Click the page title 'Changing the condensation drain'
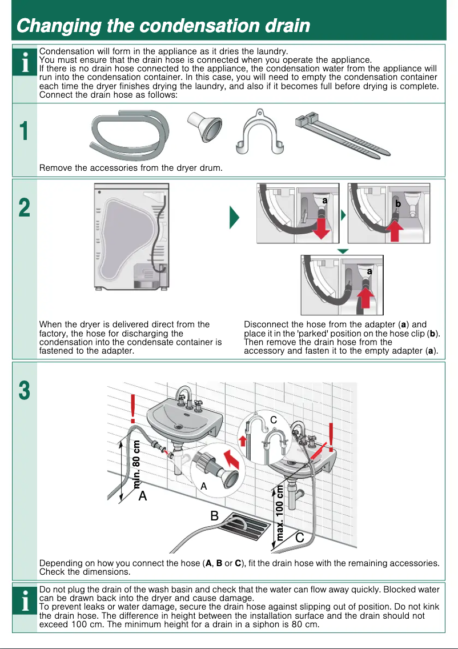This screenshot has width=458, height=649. coord(163,26)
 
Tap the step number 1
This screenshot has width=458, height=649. coord(23,132)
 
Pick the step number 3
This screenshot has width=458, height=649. coord(23,391)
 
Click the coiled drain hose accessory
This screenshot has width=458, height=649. coord(130,135)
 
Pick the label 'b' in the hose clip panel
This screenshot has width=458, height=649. coord(398,203)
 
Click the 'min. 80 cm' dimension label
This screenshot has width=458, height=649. coord(137,463)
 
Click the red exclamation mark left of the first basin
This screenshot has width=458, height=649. coord(133,407)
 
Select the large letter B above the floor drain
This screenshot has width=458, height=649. coord(214,516)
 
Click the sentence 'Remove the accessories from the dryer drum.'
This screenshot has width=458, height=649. coord(130,168)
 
